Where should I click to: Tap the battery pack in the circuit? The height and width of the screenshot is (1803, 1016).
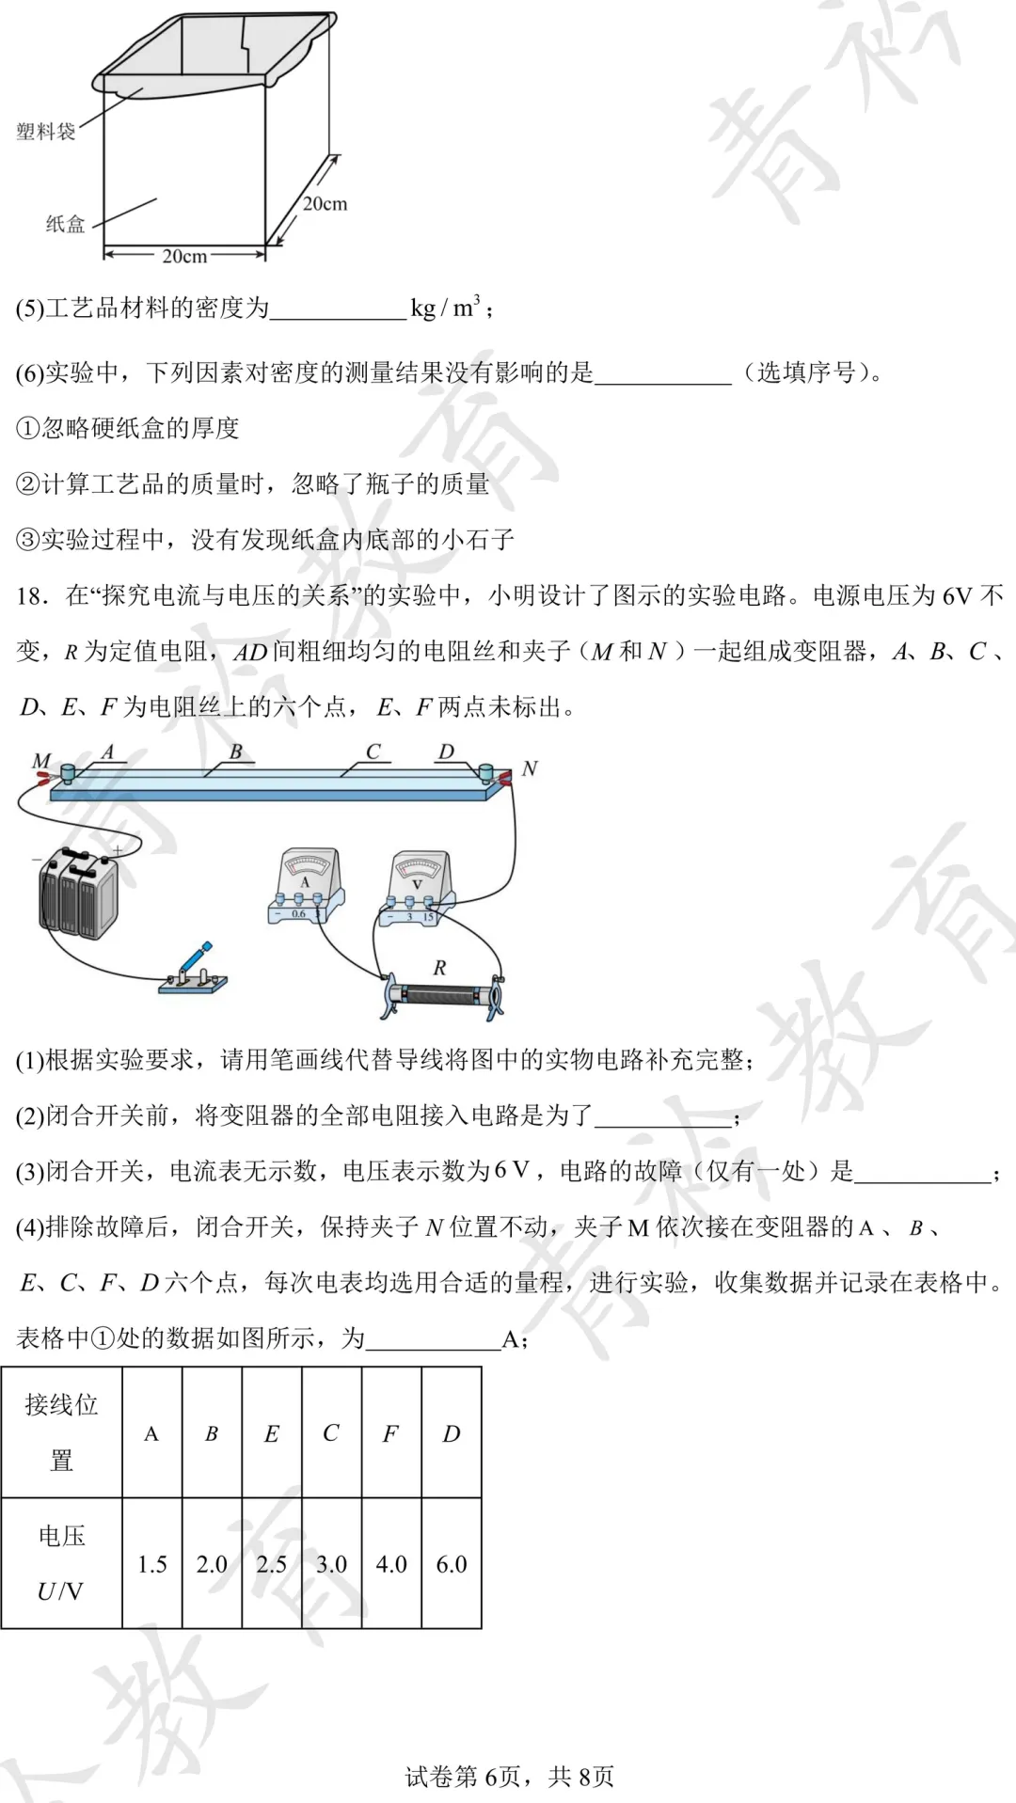point(78,894)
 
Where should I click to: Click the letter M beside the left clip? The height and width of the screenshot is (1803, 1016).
point(40,760)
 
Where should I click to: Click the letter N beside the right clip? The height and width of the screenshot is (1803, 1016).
point(530,768)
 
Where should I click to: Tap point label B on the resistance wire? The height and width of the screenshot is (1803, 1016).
point(235,751)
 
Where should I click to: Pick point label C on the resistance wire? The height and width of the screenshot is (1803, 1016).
point(373,751)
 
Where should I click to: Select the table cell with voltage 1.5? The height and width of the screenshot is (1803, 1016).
point(152,1564)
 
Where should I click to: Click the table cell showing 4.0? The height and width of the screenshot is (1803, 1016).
point(391,1564)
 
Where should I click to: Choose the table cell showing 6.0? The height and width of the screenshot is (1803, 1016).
point(452,1564)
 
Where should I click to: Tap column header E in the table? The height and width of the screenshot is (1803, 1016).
point(272,1433)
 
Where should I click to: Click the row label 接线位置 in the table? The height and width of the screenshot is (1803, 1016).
point(62,1432)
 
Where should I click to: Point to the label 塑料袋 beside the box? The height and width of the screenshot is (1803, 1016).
point(45,132)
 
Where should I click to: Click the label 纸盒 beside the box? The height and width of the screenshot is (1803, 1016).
point(65,224)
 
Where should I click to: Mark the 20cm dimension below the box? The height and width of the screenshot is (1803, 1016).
point(184,256)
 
